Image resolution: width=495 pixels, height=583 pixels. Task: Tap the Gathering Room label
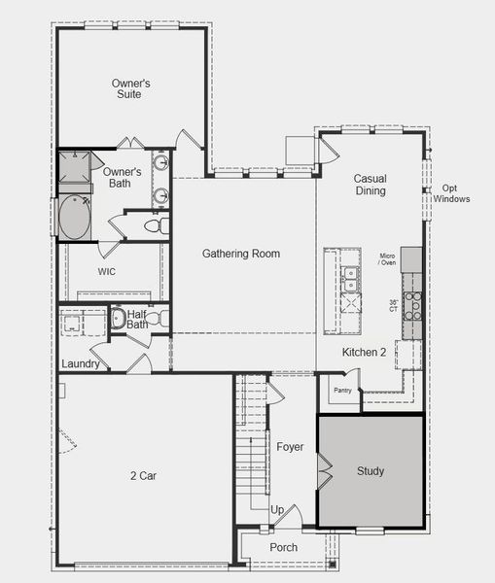coord(240,254)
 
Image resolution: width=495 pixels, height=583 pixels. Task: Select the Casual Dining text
coord(370,185)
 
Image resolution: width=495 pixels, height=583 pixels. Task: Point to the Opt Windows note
coord(455,193)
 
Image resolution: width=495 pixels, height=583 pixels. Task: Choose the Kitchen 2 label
coord(364,352)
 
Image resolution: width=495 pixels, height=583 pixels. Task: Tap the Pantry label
coord(342,390)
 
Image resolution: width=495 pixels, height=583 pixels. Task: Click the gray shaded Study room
coord(371,471)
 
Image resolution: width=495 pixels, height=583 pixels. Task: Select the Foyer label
coord(290,447)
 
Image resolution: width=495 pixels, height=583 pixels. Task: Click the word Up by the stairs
coord(277,510)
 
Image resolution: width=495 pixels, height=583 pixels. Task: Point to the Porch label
coord(284,547)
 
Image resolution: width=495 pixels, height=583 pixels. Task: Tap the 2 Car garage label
coord(145,476)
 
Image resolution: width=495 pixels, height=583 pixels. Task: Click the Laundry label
coord(80,364)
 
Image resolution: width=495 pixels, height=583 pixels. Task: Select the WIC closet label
coord(107,272)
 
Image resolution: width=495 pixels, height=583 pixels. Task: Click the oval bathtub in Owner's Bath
coord(74,218)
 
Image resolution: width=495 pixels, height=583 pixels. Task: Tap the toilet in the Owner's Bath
coord(154,225)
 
